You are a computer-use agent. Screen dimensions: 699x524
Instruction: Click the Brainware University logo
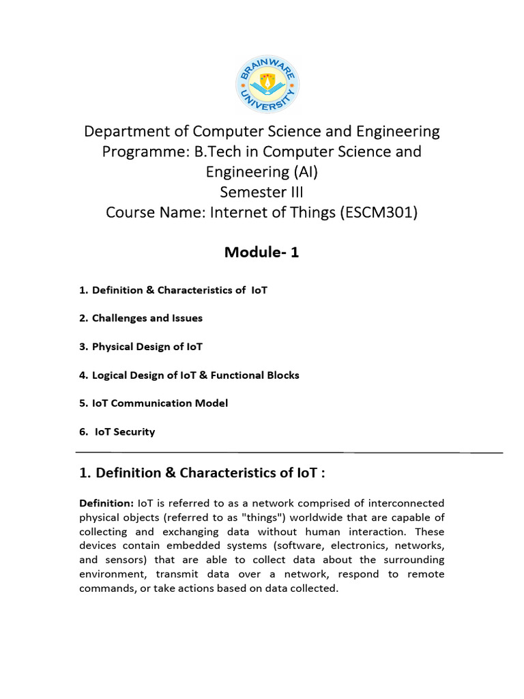click(x=267, y=84)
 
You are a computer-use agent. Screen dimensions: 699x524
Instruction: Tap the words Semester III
click(x=261, y=192)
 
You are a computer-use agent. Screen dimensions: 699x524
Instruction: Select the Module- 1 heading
click(x=261, y=253)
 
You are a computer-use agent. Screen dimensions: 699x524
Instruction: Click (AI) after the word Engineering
click(x=297, y=171)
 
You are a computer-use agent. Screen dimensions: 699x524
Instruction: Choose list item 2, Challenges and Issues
click(x=141, y=318)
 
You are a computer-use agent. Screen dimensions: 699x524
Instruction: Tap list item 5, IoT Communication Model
click(x=154, y=403)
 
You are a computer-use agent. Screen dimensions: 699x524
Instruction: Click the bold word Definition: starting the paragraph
click(x=106, y=503)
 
